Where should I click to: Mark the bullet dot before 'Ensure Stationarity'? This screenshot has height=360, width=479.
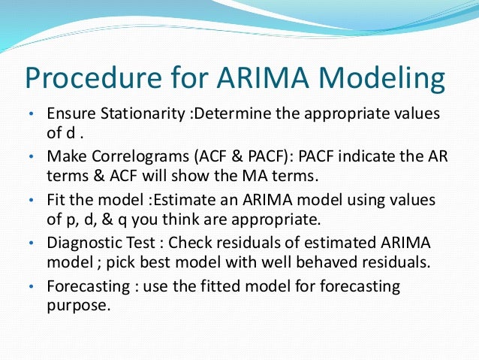pyautogui.click(x=31, y=116)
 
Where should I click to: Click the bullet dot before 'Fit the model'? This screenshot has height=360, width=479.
pyautogui.click(x=31, y=202)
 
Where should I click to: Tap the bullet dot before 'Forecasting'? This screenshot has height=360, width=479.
pyautogui.click(x=31, y=289)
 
